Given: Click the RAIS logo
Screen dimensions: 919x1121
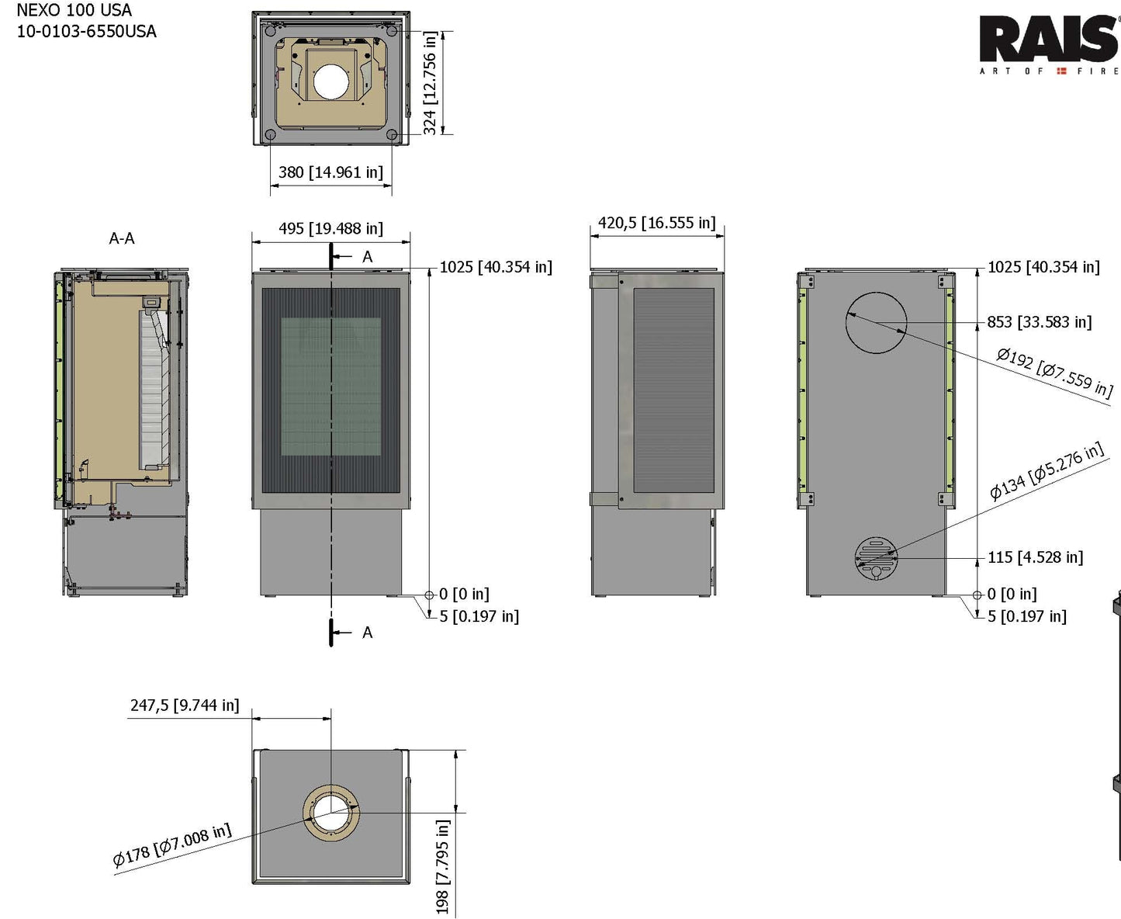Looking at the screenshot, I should [1047, 40].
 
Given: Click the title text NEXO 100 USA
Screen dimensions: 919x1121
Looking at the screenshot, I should [74, 11].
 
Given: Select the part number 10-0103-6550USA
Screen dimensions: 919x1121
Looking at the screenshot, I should [86, 32].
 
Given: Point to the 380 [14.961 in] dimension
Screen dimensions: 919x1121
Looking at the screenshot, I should [330, 172].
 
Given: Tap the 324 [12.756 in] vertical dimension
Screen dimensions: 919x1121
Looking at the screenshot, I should [430, 83].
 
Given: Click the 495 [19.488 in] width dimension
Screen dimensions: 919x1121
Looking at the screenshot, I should [330, 228].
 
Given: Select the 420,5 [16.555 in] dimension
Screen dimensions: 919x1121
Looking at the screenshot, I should [656, 223].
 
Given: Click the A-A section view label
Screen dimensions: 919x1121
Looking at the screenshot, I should [122, 238].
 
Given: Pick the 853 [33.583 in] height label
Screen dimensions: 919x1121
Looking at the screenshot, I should [1039, 322].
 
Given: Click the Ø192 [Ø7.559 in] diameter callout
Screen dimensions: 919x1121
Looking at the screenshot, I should [1054, 372].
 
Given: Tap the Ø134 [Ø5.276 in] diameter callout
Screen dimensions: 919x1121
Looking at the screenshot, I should [1047, 470].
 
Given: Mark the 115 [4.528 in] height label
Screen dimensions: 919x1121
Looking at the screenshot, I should [1035, 557].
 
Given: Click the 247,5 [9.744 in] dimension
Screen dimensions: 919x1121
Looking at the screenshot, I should [185, 705].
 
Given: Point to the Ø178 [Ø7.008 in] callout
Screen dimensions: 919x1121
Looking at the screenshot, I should [171, 845].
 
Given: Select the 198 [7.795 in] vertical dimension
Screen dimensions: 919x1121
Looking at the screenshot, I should [442, 866].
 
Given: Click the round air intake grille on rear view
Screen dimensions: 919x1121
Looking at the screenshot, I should [876, 557].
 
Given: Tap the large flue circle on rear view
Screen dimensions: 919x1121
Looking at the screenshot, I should [876, 322].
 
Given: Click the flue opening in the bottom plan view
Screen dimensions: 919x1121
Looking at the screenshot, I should [331, 813].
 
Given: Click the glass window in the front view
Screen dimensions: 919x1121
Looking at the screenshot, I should [330, 386].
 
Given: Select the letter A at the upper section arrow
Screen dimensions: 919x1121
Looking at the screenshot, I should [367, 257].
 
